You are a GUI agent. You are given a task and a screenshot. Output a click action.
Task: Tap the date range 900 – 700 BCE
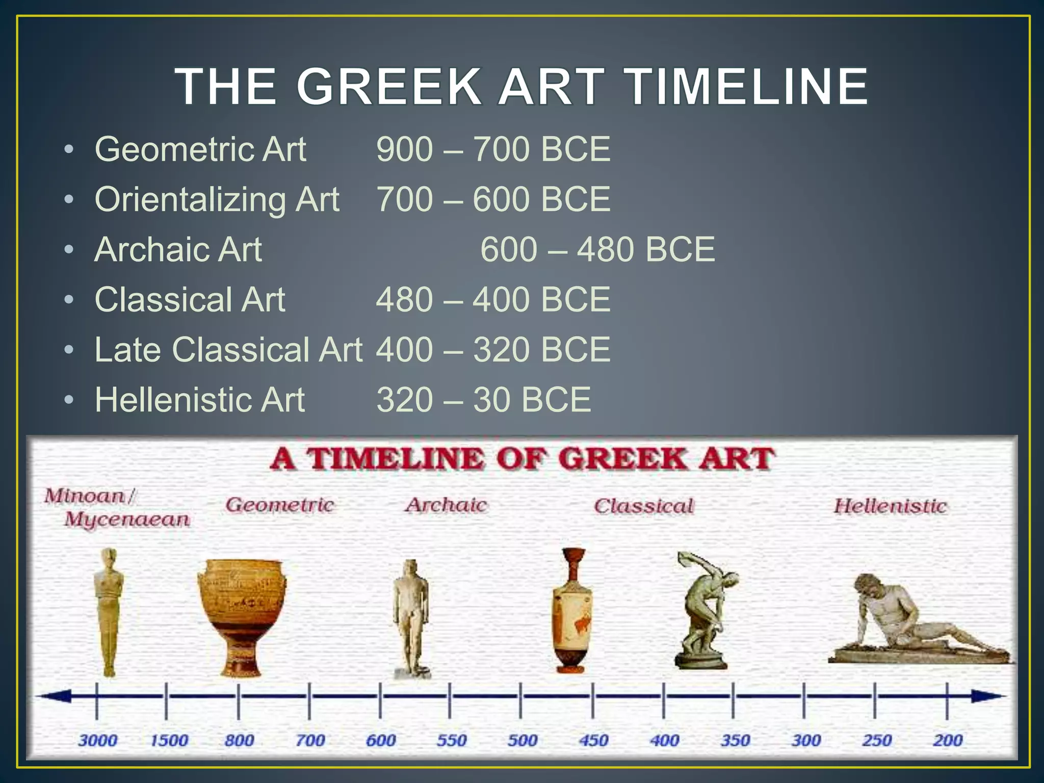click(x=493, y=149)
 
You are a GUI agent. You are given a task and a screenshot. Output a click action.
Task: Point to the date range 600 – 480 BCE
click(x=597, y=249)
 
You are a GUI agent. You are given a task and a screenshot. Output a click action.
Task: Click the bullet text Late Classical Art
click(x=228, y=350)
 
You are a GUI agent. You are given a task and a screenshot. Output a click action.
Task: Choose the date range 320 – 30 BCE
click(x=483, y=400)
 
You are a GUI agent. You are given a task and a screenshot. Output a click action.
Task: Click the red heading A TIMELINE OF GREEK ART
click(x=522, y=458)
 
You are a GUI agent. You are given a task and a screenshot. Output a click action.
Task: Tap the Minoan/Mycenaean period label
click(x=117, y=507)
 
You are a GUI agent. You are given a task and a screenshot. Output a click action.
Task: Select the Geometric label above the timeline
click(x=280, y=505)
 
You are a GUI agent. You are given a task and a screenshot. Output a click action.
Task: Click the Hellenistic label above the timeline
click(x=890, y=506)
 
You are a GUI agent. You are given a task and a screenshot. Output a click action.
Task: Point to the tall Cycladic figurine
click(x=109, y=612)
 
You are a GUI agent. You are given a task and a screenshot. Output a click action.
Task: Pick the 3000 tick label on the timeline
click(x=97, y=740)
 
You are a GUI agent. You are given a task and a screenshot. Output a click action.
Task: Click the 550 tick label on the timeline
click(x=451, y=740)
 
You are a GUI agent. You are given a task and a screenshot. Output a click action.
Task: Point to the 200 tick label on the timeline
click(x=947, y=740)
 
